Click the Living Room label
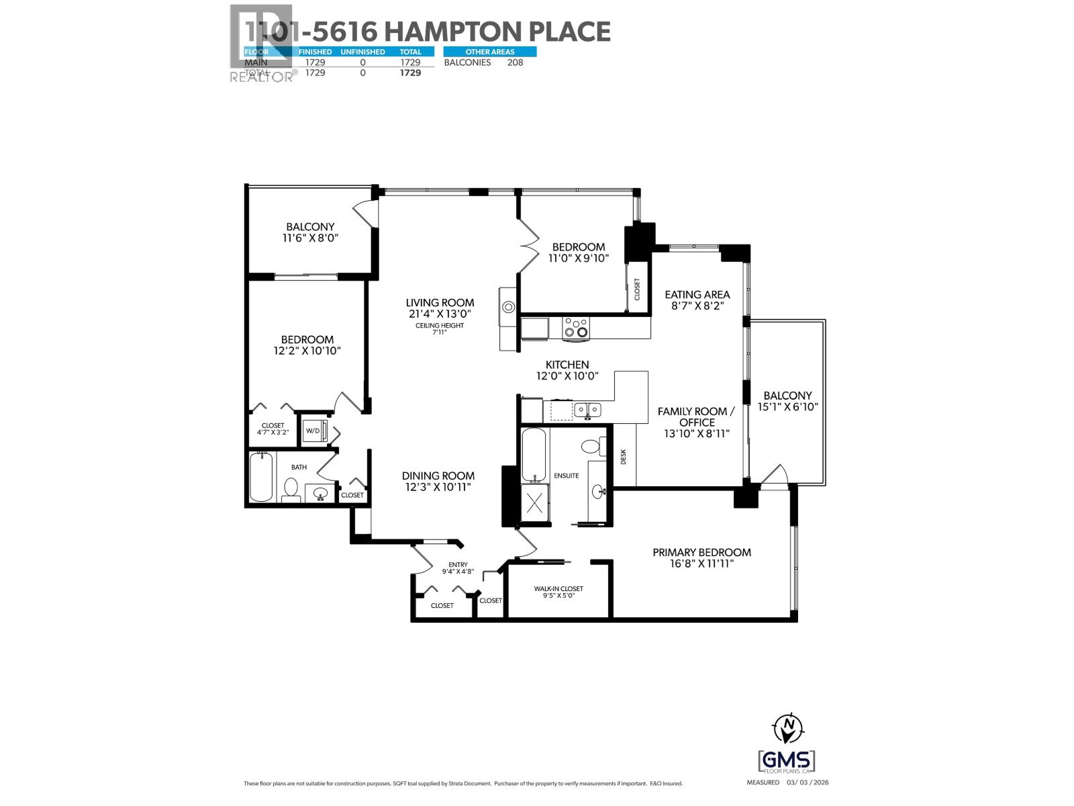coord(440,302)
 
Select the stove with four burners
coord(576,327)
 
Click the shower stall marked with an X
coord(535,503)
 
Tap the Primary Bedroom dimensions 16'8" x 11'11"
coord(701,564)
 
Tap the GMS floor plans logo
coord(787,762)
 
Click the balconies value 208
coord(515,62)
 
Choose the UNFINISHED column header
coord(362,52)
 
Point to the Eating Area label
coord(697,294)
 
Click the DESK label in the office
coord(624,457)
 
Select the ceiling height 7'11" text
coord(440,328)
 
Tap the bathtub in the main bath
coord(261,478)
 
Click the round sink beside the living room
coord(509,308)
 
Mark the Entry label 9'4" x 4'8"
coord(458,568)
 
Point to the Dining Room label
coord(439,476)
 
